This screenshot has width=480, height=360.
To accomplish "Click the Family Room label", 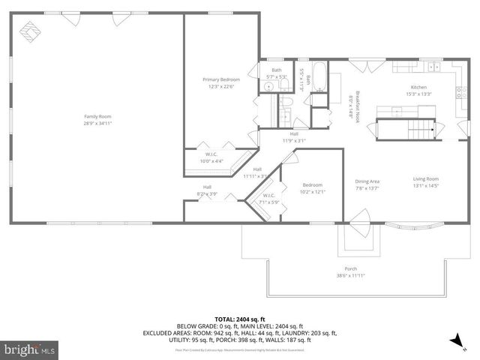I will click(x=97, y=116).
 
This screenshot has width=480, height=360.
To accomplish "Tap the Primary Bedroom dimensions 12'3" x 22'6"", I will click(x=221, y=86).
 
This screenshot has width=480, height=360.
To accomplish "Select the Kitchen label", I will click(x=418, y=87).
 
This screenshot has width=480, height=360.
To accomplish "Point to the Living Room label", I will click(x=425, y=178).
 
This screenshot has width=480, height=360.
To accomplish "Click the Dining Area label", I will click(x=367, y=181).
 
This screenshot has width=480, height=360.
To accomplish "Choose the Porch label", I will click(x=350, y=268).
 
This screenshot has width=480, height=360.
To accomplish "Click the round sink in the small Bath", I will click(x=267, y=88).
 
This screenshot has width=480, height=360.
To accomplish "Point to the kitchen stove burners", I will click(x=459, y=94).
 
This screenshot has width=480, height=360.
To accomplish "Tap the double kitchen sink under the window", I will click(x=434, y=67).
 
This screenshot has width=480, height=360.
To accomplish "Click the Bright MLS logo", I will click(x=29, y=349).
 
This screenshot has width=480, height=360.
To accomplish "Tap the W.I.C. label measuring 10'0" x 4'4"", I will click(x=211, y=158).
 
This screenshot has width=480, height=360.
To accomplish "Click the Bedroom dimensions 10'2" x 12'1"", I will click(x=313, y=190).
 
